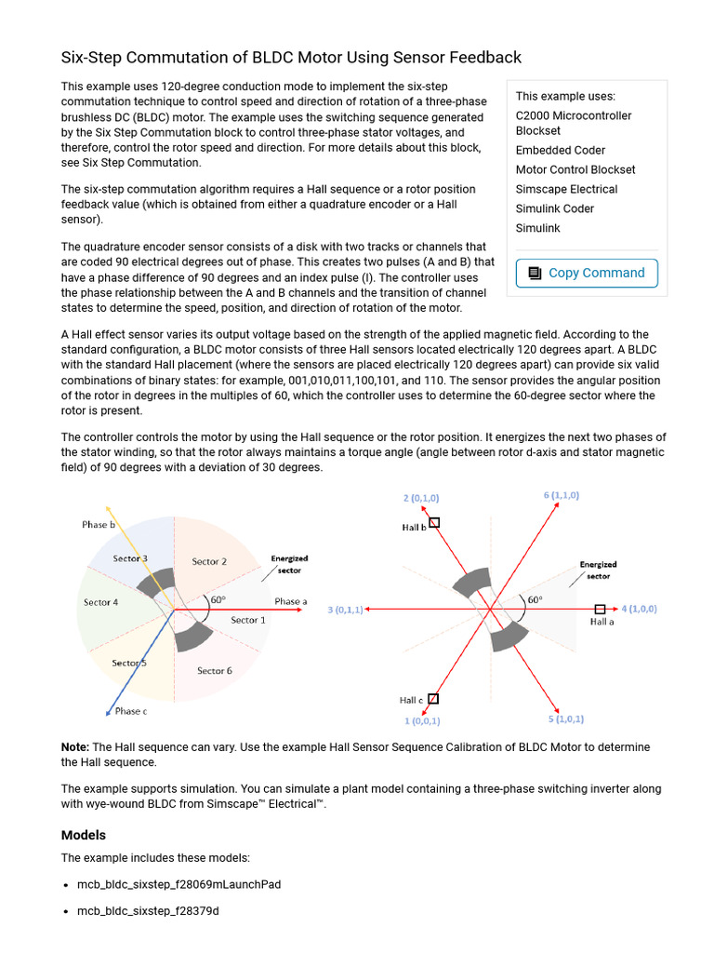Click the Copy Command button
587,273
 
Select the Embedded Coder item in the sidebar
560,150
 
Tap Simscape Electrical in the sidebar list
566,189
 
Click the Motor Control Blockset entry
575,169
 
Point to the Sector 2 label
209,561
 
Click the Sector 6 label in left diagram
215,670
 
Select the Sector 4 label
100,602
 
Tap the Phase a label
290,601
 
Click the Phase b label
98,525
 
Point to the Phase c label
130,711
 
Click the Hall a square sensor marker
600,608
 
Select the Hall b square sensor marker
434,523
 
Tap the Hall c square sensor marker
433,698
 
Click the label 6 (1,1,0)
562,496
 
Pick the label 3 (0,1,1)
345,611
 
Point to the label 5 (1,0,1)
566,719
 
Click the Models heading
84,835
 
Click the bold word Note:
75,747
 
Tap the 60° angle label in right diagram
535,599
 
